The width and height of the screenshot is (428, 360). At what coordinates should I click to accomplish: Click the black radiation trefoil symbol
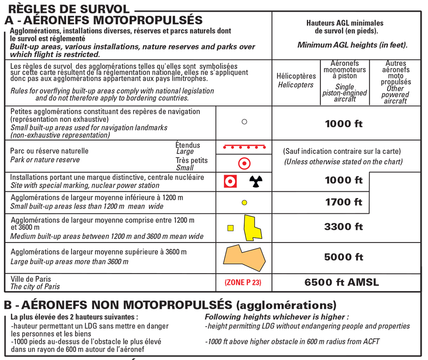point(256,181)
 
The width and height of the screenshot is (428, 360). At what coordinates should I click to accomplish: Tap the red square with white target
point(230,181)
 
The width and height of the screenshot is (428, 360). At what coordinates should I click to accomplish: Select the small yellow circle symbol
point(244,202)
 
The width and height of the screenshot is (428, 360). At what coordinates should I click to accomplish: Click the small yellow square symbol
point(230,228)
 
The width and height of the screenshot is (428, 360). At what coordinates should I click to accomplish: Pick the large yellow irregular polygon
point(252,227)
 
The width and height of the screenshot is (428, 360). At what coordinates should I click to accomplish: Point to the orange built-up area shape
point(244,257)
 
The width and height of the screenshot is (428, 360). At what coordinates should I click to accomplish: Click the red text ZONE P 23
point(243,283)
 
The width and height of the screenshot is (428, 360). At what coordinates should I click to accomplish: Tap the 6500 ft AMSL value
point(342,283)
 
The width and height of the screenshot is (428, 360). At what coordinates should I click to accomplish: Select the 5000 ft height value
point(343,257)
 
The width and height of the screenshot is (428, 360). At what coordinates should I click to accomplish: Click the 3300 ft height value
point(343,227)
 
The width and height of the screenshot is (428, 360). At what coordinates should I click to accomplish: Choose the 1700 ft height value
point(343,202)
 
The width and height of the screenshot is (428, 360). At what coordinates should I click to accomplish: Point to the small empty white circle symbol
point(244,121)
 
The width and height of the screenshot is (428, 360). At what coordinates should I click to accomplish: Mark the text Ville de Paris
point(31,279)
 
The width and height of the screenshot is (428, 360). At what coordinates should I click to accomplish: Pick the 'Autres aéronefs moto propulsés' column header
point(396,82)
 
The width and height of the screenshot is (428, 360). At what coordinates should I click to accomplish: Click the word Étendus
point(188,145)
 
